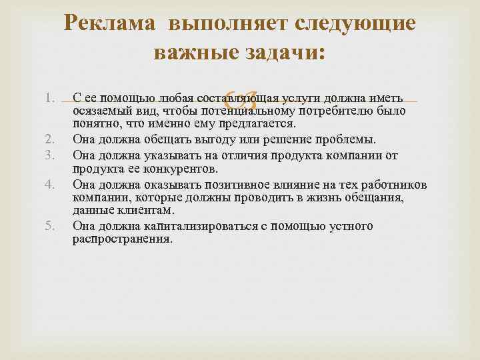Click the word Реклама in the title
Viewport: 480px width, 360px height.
coord(110,24)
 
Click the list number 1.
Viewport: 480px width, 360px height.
coord(48,99)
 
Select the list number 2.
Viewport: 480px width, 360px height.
coord(48,139)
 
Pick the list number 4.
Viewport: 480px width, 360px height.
coord(48,184)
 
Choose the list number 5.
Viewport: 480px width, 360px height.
coord(48,225)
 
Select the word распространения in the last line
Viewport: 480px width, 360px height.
coord(122,239)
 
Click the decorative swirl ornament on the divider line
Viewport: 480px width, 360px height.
coord(240,101)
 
